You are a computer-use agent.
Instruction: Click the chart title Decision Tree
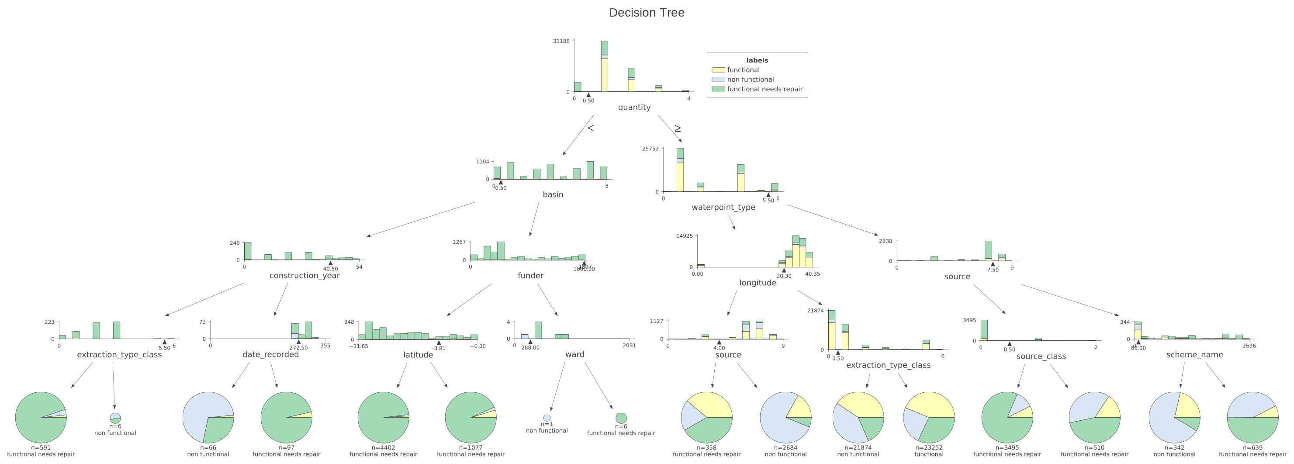click(647, 13)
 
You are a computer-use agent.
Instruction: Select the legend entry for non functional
click(750, 80)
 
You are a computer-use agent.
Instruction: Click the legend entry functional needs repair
click(765, 89)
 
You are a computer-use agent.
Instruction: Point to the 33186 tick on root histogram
click(561, 41)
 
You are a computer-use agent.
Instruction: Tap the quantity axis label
click(634, 107)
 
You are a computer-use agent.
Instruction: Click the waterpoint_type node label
click(723, 207)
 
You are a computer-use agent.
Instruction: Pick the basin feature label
click(553, 194)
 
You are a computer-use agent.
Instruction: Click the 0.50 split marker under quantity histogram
click(588, 100)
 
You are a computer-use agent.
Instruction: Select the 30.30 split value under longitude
click(784, 276)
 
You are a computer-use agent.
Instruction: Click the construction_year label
click(304, 275)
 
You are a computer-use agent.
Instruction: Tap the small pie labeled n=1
click(547, 418)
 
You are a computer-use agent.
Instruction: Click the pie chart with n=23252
click(929, 417)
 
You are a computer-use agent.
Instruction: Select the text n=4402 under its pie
click(383, 447)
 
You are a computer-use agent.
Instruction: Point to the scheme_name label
click(1194, 354)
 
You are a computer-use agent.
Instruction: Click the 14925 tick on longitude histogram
click(684, 236)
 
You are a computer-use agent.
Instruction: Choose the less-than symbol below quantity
click(591, 128)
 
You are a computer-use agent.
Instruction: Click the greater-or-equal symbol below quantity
click(678, 128)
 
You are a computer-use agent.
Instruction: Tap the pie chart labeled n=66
click(208, 417)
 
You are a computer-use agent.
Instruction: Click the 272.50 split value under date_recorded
click(298, 347)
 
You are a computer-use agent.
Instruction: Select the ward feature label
click(574, 354)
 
